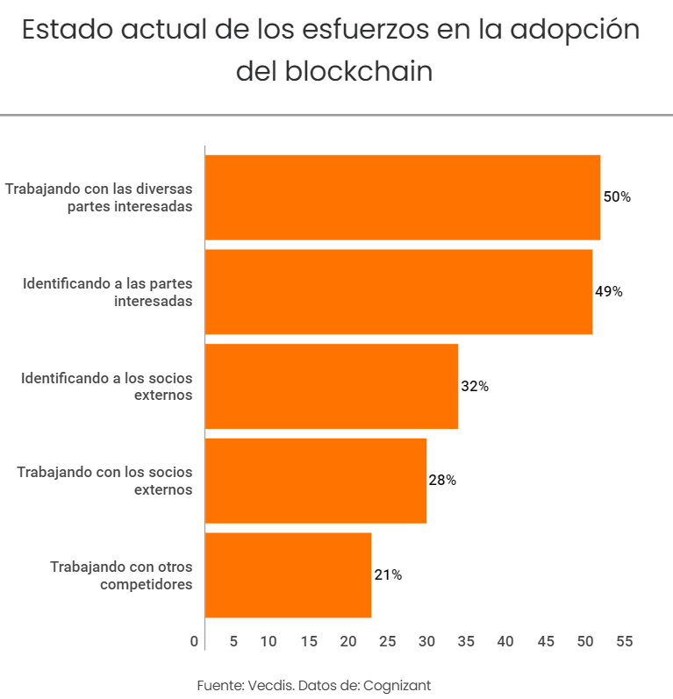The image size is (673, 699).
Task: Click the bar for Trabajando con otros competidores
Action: (288, 574)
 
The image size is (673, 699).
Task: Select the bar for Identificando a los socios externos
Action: (332, 386)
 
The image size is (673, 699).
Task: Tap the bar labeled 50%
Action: (403, 197)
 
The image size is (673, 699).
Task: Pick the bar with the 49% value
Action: (398, 291)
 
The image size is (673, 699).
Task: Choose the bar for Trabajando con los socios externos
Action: (316, 481)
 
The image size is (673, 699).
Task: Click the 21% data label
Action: (388, 575)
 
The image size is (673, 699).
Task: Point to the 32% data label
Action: (475, 387)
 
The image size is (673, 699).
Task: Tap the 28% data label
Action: (442, 481)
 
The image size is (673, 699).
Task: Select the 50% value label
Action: (617, 197)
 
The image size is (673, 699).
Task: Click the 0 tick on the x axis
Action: (194, 642)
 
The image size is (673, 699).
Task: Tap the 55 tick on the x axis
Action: (625, 642)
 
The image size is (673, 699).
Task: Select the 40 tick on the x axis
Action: (505, 642)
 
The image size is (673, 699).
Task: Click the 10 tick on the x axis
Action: (268, 642)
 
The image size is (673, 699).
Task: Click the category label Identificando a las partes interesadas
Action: (107, 292)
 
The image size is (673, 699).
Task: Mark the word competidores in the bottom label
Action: (146, 584)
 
